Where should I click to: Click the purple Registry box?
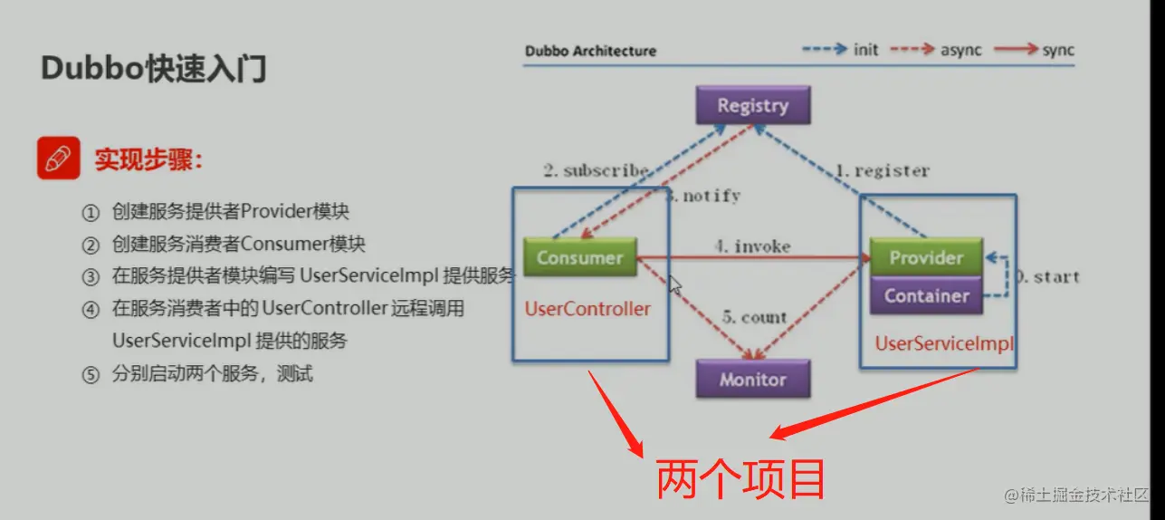point(752,105)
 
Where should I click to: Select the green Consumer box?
point(579,257)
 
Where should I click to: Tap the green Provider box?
point(926,257)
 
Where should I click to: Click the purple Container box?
point(926,295)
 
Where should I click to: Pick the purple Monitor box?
point(752,380)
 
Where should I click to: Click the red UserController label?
point(587,309)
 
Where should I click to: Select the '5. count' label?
point(754,318)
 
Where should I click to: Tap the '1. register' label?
point(882,170)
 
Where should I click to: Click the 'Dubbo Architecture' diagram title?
point(590,51)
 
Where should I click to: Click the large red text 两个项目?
point(740,479)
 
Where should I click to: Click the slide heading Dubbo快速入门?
point(154,69)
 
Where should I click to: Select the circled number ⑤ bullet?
point(90,374)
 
